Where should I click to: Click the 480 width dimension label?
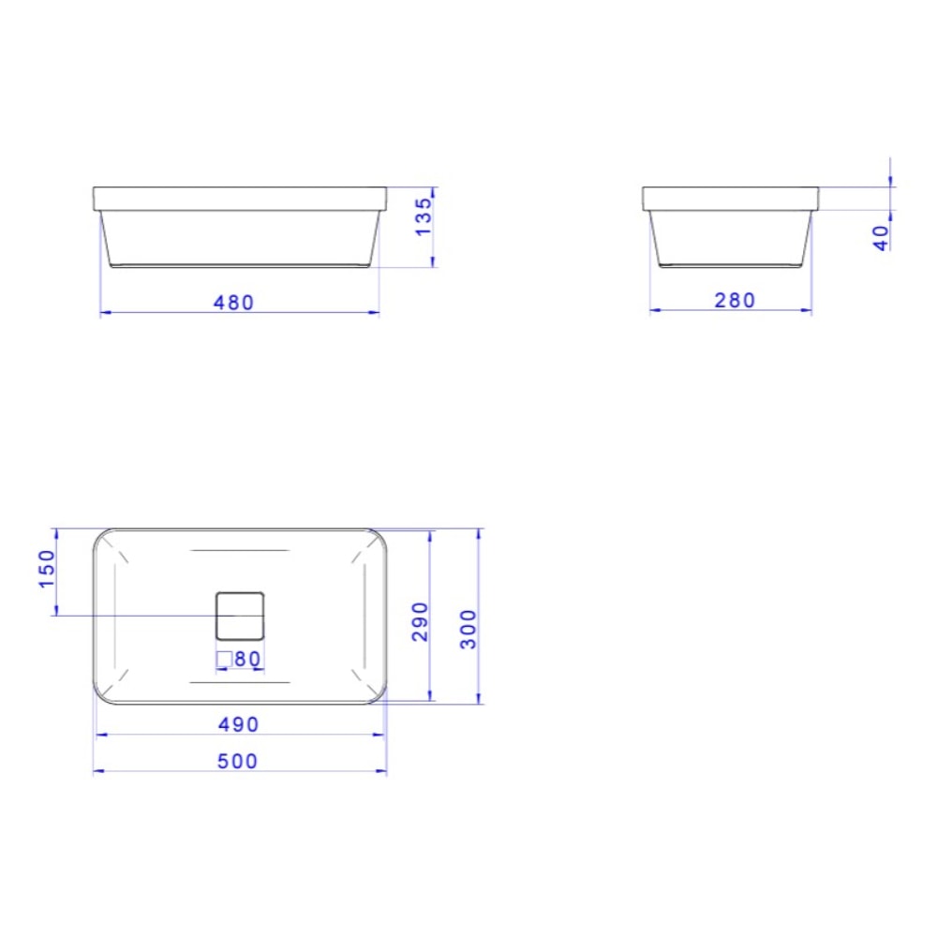[233, 303]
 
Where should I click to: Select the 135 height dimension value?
[424, 216]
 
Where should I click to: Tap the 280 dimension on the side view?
[735, 300]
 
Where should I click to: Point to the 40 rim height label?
[880, 237]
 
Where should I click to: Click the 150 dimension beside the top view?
[47, 570]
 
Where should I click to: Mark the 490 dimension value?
[239, 724]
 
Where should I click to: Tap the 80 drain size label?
[247, 659]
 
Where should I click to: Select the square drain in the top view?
[241, 616]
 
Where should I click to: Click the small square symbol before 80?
[224, 659]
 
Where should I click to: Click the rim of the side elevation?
[730, 198]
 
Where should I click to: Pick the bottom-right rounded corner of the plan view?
[379, 694]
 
